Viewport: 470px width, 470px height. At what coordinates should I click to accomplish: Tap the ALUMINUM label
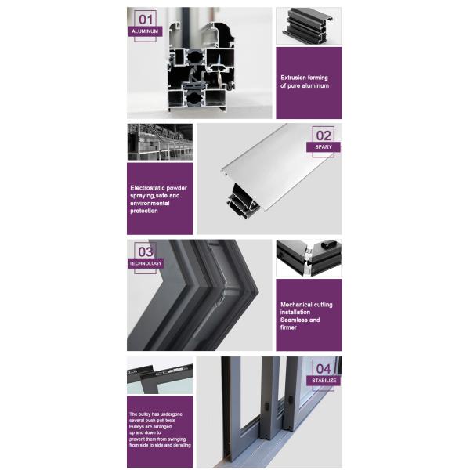(146, 31)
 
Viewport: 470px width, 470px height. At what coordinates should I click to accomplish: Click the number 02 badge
(324, 135)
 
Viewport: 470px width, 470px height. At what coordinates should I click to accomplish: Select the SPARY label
(324, 146)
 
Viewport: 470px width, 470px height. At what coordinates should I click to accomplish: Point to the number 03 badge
(146, 251)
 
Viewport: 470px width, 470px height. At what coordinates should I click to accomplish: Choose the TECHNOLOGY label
(146, 263)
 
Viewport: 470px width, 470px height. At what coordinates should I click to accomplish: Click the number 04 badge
(324, 368)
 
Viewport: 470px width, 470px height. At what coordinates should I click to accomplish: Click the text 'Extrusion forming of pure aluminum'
(305, 81)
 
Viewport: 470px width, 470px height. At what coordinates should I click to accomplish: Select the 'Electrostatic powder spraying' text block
(158, 199)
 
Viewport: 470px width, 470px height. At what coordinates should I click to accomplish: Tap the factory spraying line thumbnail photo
(159, 142)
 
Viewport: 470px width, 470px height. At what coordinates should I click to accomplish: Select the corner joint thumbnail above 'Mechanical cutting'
(308, 259)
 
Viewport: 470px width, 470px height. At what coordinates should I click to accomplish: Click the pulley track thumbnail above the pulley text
(159, 375)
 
